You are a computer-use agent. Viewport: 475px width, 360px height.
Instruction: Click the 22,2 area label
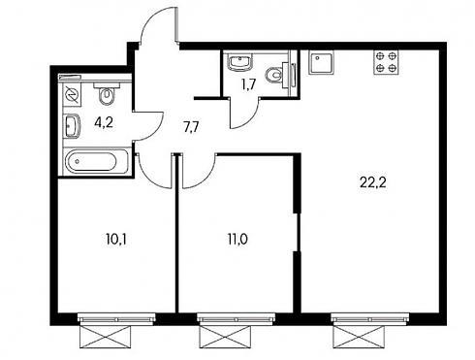373,183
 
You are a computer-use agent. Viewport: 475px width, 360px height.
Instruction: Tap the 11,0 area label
237,240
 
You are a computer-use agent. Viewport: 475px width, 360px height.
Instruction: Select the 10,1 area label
116,240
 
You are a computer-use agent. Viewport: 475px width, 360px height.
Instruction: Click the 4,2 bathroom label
104,123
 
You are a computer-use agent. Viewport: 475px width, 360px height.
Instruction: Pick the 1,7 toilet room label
248,84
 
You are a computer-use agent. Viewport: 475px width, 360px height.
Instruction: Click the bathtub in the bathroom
96,161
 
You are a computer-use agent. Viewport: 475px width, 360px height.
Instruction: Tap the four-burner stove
386,63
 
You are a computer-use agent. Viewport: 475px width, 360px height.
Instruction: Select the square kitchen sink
321,63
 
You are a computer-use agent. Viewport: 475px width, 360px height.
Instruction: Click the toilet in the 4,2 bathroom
107,93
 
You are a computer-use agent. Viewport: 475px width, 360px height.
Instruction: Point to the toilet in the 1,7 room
280,76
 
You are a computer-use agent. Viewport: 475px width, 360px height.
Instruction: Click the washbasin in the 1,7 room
239,62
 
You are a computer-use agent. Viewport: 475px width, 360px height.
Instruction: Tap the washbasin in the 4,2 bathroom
72,126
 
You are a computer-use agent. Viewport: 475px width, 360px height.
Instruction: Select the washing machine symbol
72,95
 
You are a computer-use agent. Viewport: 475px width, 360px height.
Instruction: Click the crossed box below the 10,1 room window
106,337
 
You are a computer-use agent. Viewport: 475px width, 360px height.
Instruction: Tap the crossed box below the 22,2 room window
359,337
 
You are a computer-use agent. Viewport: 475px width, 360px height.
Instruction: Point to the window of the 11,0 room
237,318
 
